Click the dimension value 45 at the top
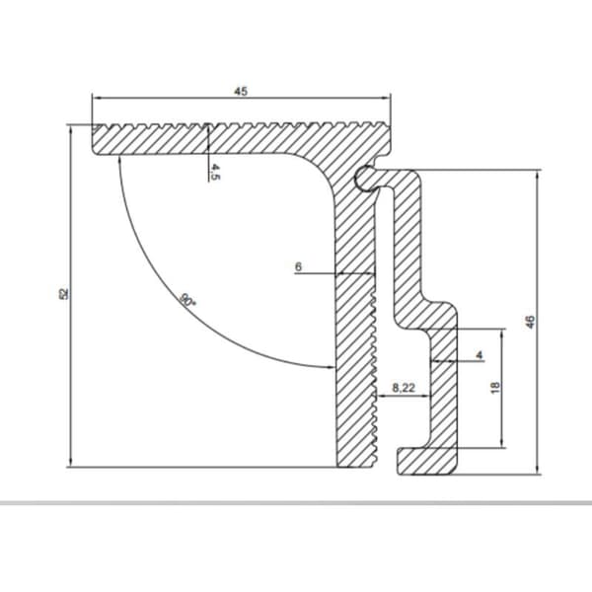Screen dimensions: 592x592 point(241,92)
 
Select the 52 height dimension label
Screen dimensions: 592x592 point(64,294)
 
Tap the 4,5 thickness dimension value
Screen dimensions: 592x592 point(214,172)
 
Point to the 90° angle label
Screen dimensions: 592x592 point(187,300)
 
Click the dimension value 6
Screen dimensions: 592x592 point(298,267)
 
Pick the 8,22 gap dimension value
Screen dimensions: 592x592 point(404,388)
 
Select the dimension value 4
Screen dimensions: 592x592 point(480,355)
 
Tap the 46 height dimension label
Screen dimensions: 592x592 point(530,322)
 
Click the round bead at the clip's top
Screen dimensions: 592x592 point(364,178)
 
